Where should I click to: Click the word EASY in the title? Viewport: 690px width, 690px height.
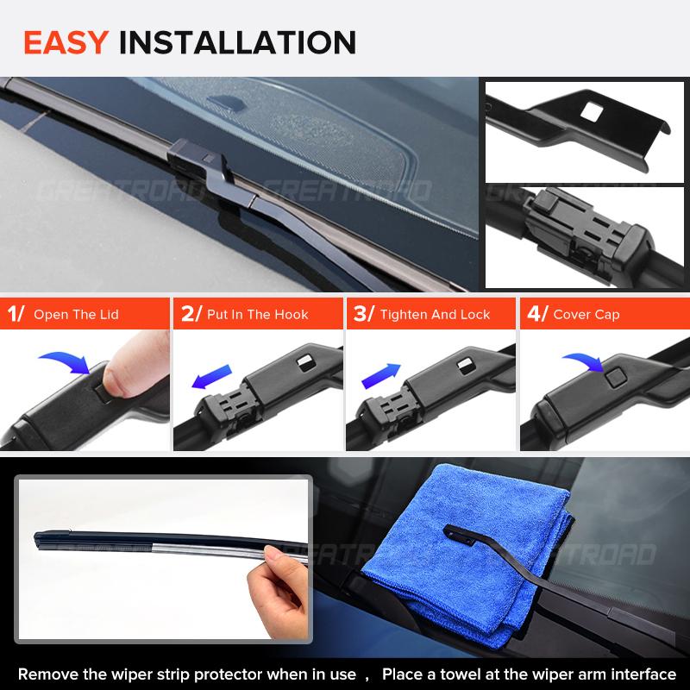(66, 42)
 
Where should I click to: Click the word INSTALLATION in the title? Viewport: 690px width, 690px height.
(238, 42)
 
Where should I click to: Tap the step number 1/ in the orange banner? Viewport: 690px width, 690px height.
(16, 314)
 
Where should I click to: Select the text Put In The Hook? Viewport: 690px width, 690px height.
(257, 315)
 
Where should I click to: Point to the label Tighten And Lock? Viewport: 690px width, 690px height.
(435, 315)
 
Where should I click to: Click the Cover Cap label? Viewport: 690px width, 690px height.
(586, 315)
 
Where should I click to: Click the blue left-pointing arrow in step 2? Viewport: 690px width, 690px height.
(211, 377)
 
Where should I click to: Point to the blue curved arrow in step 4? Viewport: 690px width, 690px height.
(584, 361)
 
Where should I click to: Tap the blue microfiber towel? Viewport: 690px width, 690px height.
(467, 555)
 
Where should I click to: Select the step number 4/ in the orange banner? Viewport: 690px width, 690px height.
(537, 314)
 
